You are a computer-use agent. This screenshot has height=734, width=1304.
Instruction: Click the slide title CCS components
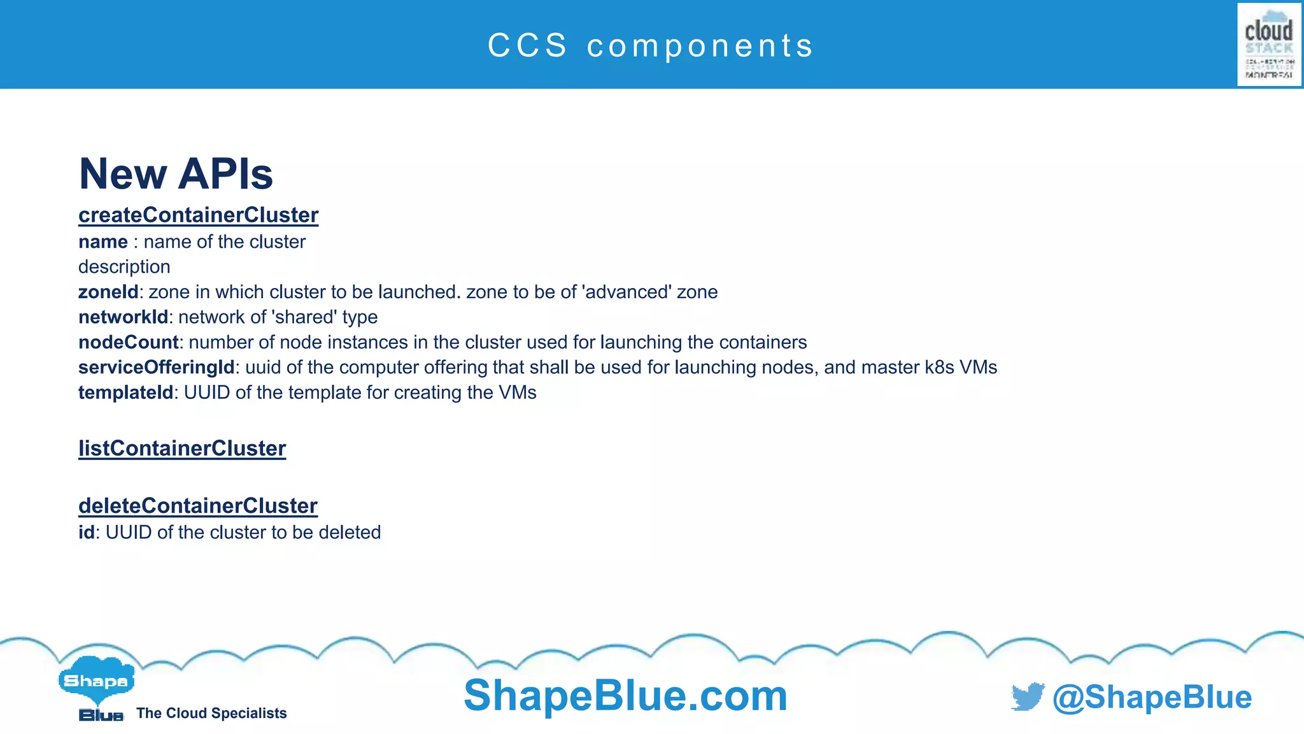(x=651, y=46)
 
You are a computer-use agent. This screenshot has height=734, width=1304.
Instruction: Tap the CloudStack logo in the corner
(x=1268, y=44)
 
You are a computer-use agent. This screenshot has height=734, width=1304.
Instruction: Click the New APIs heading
(x=176, y=174)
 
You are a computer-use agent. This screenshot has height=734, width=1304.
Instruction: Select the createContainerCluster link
(x=198, y=215)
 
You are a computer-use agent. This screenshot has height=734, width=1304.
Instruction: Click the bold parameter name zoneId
(x=108, y=292)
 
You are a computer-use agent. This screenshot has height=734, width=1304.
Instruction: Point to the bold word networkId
(x=123, y=317)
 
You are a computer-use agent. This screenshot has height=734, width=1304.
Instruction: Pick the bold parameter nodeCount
(x=128, y=342)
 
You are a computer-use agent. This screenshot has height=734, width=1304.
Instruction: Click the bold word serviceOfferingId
(x=156, y=367)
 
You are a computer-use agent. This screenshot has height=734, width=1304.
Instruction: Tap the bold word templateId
(x=125, y=392)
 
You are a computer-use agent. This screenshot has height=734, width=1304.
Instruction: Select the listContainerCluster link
(x=182, y=449)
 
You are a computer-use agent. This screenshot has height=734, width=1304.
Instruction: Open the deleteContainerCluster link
(x=197, y=506)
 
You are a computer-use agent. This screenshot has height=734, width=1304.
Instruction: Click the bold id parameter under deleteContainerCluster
(x=86, y=532)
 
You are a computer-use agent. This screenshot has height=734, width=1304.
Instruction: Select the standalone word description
(x=124, y=267)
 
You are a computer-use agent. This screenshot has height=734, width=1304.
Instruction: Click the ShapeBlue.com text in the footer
(x=625, y=696)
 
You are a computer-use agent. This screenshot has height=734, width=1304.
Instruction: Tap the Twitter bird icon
(x=1028, y=696)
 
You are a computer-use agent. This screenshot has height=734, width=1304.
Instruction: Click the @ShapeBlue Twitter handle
(x=1152, y=697)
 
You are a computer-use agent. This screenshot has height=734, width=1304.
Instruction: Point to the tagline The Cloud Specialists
(x=211, y=713)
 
